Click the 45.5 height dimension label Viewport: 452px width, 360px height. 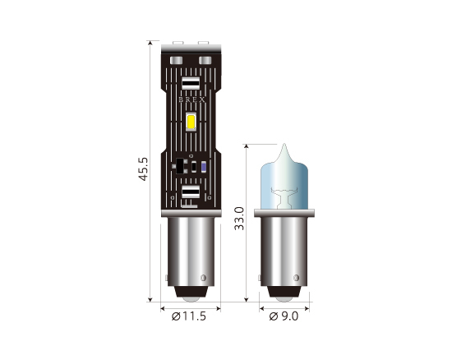click(x=144, y=168)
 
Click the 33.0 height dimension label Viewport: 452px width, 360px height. click(x=239, y=219)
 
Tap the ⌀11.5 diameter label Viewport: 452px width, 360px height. click(x=189, y=316)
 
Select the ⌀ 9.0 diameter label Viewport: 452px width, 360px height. click(x=284, y=316)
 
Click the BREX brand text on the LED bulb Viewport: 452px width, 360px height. click(x=191, y=100)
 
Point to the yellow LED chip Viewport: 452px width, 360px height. click(x=191, y=121)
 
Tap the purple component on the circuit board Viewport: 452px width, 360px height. click(x=204, y=167)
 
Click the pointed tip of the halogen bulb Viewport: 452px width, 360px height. click(x=284, y=144)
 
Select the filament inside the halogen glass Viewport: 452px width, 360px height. click(x=284, y=197)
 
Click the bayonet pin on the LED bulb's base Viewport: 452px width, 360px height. click(x=203, y=278)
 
